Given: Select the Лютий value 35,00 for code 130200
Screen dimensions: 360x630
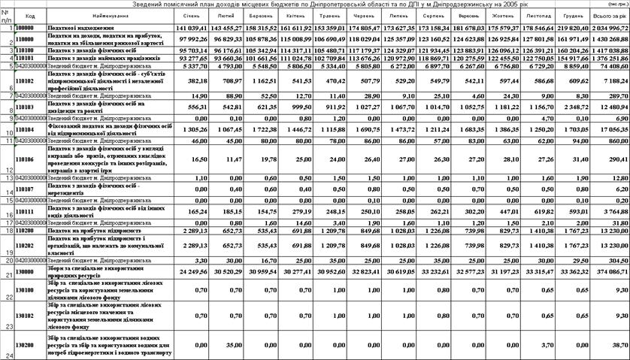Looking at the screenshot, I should [232, 343].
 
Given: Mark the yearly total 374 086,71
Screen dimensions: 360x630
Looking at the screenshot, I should [611, 270].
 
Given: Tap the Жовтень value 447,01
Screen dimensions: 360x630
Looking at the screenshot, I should [501, 213].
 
